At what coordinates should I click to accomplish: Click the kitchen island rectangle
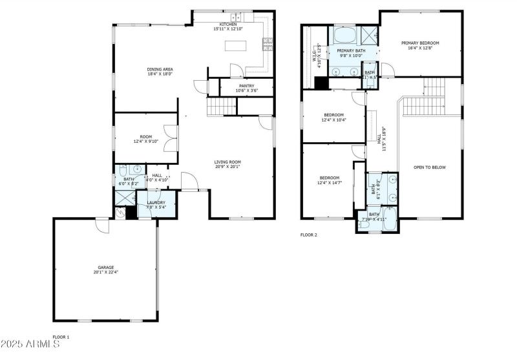pos(235,46)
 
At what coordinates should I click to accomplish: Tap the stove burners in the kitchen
pos(267,44)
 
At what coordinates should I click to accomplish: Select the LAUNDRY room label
pos(156,203)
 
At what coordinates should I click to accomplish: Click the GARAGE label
pos(106,268)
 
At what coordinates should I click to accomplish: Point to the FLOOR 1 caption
pos(61,337)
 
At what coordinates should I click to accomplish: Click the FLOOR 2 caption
pos(309,235)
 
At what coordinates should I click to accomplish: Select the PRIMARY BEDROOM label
pos(419,43)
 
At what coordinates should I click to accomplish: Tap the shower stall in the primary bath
pos(369,34)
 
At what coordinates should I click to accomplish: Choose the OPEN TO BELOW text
pos(430,167)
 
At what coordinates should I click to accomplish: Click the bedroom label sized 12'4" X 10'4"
pos(333,117)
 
